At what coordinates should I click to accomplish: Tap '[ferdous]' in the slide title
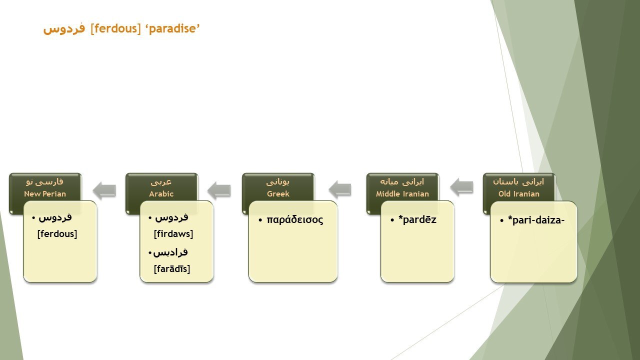tap(115, 29)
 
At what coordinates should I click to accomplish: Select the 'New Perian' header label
tap(45, 193)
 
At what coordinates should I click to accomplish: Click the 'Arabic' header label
tap(161, 193)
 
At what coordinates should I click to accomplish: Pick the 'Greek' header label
tap(278, 193)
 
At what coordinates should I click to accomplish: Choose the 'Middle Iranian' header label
tap(402, 193)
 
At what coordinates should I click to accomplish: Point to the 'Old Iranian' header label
tap(519, 193)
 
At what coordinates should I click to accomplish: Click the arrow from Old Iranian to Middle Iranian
tap(461, 187)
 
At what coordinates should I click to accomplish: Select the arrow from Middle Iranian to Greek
tap(340, 189)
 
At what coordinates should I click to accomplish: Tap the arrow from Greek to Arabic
tap(219, 190)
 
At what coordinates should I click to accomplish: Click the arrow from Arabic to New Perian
tap(104, 190)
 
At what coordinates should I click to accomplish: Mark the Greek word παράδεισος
tap(295, 219)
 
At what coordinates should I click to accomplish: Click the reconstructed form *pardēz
tap(417, 219)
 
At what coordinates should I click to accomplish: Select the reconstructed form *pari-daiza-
tap(536, 220)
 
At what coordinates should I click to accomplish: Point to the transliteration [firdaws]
tap(173, 233)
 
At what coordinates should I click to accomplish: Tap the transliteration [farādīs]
tap(171, 268)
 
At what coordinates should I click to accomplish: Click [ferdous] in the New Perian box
tap(57, 233)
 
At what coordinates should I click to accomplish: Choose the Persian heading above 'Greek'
tap(277, 182)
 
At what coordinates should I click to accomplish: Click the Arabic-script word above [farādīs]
tap(170, 252)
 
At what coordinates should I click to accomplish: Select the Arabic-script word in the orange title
tap(64, 29)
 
